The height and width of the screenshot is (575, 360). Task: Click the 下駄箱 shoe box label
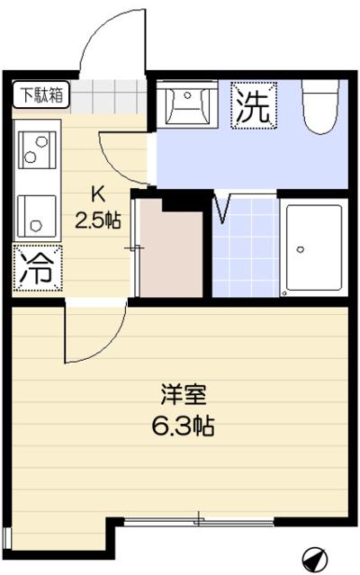pyautogui.click(x=41, y=93)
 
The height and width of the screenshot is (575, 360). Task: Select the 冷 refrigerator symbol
pyautogui.click(x=37, y=268)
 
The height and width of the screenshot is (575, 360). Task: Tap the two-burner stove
pyautogui.click(x=37, y=150)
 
